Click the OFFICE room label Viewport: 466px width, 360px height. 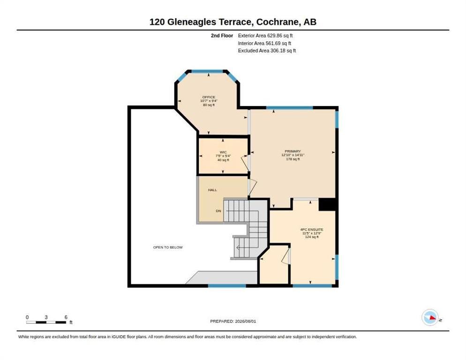[209, 97]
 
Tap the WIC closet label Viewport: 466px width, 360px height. [223, 152]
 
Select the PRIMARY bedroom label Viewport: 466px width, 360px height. [293, 151]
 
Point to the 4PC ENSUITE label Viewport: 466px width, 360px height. [312, 230]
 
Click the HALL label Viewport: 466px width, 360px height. [212, 190]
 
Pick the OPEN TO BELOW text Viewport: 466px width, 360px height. [168, 247]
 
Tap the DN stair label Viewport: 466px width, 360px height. [218, 211]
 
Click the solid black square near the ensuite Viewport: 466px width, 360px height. [327, 204]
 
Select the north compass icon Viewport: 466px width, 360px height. [430, 317]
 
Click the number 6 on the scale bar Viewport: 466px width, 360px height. [66, 317]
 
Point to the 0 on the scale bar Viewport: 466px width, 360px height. [27, 317]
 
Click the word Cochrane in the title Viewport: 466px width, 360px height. [278, 22]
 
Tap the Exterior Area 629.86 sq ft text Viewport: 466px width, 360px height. [265, 36]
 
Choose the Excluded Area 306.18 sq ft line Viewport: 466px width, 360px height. [267, 51]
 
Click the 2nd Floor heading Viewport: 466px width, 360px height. [222, 36]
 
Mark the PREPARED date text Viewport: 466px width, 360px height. [233, 322]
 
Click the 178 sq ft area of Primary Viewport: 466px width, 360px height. [293, 159]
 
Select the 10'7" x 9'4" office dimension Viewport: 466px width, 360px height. [209, 101]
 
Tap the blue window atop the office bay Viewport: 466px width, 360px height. [207, 71]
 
